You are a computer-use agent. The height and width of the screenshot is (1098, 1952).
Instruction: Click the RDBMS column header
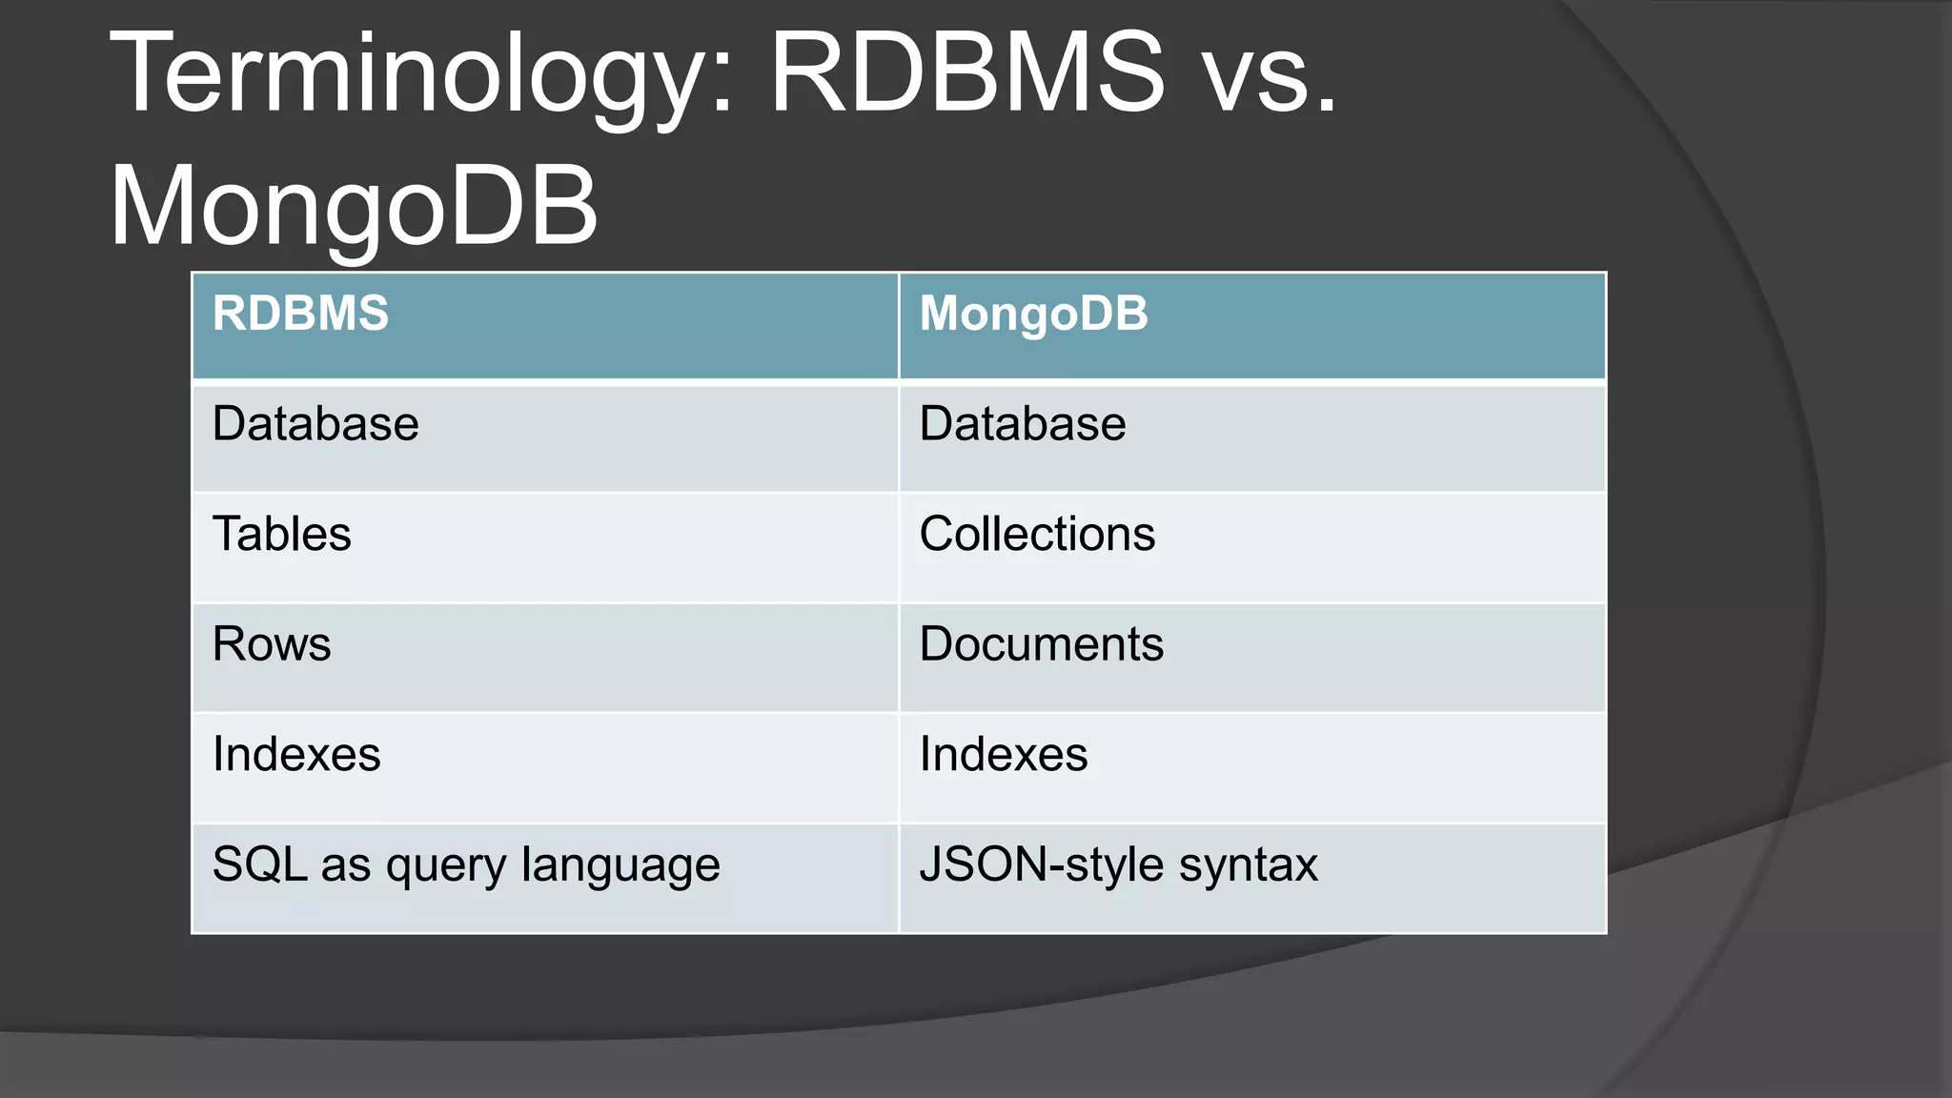[300, 314]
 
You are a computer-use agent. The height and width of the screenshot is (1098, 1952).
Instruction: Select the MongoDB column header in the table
[1033, 314]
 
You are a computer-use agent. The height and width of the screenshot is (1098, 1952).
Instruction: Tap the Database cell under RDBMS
[315, 424]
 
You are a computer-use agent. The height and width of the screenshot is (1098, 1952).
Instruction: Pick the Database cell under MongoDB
[1022, 424]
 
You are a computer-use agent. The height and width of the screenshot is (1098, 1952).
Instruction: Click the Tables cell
[281, 534]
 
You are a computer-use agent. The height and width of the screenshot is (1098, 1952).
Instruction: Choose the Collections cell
[1037, 534]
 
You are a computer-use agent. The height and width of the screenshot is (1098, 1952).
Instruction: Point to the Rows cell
[272, 644]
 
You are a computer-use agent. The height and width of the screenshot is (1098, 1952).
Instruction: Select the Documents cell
[1041, 644]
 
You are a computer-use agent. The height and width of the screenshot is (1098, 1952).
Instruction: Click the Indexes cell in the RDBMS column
[296, 755]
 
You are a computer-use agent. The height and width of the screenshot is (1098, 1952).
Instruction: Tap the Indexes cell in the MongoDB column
[1003, 755]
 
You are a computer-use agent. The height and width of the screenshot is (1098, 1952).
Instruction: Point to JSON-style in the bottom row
[1043, 864]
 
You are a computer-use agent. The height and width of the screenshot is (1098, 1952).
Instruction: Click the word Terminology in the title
[410, 74]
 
